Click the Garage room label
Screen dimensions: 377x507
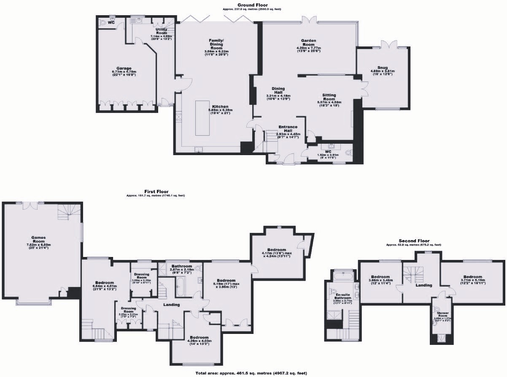tap(124, 68)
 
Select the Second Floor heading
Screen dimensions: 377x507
tap(414, 240)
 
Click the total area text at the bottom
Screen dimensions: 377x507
tap(251, 373)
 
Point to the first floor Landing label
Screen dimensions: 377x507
tap(171, 304)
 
